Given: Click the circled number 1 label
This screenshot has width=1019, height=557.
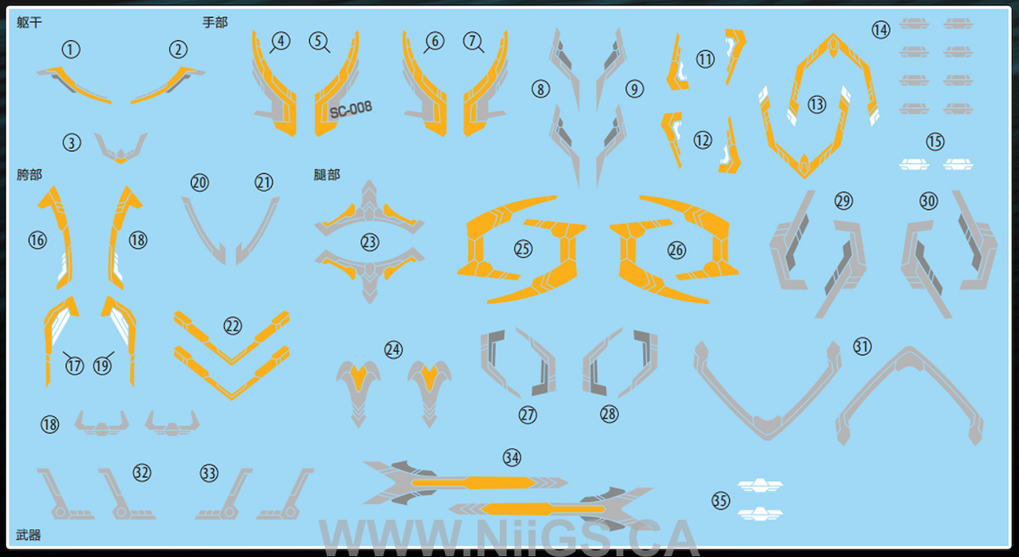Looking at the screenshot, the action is pos(70,49).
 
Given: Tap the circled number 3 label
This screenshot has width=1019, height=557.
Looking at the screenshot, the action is pos(71,143).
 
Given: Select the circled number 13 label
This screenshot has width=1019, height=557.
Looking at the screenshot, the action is pos(817,104).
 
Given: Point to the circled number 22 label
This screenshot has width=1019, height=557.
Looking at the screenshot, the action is pos(233,326).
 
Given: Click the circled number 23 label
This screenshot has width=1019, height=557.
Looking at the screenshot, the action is pos(369,242).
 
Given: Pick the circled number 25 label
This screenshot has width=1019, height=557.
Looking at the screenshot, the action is pos(523,249).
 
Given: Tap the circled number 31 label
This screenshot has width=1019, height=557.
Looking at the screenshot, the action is pos(862,346).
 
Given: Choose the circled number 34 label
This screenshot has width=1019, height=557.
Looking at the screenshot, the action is pos(512,458).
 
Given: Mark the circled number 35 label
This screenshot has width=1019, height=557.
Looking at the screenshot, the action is pos(721,501).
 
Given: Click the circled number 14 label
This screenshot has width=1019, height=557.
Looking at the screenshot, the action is pos(881,30).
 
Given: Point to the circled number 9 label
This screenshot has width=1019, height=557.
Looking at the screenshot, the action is pos(634,88).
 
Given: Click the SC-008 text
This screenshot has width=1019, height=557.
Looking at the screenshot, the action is pos(351,110).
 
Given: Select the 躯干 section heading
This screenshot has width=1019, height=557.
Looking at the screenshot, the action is pos(29,22).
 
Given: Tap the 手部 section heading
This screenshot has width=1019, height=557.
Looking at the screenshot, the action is pos(215,22).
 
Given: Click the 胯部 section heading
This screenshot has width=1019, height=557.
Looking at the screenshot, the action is pos(29,175).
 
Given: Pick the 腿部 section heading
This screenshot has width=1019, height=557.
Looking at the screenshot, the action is pos(327,175).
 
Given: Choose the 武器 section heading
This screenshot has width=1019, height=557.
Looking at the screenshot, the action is pos(29,535).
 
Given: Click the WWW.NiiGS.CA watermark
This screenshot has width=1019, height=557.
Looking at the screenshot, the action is pos(509,538).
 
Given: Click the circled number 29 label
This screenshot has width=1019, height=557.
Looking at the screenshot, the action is pos(843,201).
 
